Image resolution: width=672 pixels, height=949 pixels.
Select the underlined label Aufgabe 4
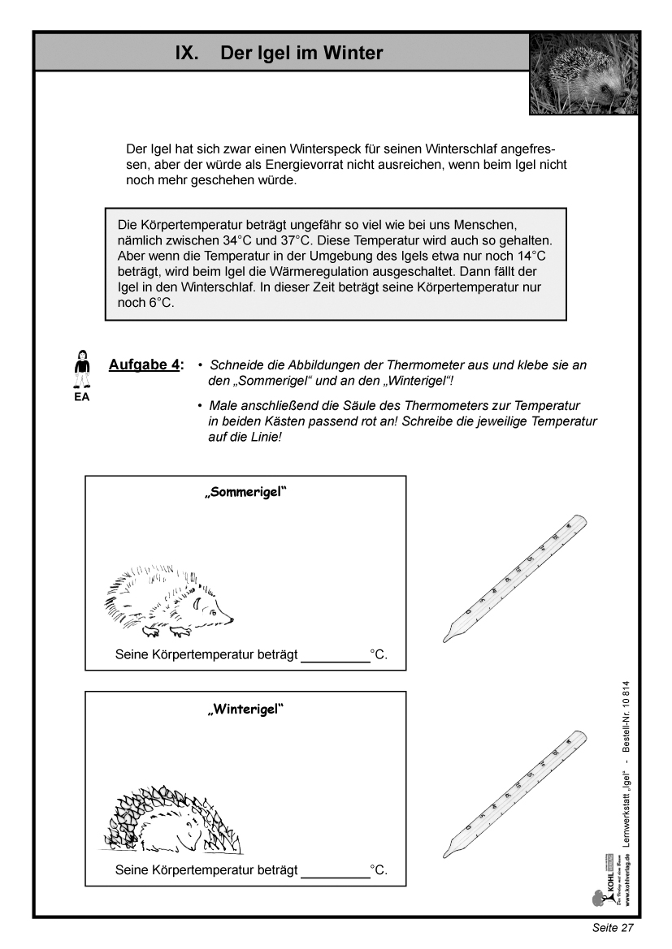145,365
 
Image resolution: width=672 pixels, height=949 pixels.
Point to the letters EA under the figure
81,398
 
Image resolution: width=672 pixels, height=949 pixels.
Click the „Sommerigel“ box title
245,493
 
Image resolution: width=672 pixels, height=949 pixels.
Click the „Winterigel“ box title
245,709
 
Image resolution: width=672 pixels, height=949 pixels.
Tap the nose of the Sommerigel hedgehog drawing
232,620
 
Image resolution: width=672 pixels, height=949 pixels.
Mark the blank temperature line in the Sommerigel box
335,660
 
